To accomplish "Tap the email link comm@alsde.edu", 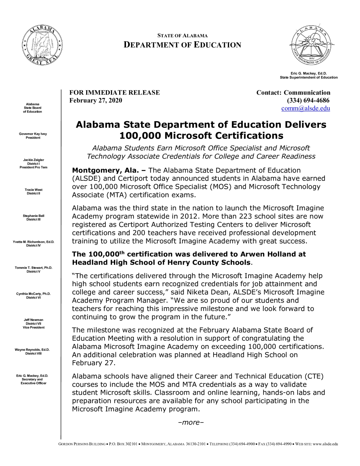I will click(x=305, y=109).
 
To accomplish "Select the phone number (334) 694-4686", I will click(x=308, y=101).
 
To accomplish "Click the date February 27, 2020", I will click(x=96, y=101).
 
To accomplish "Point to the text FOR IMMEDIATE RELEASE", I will click(x=115, y=92).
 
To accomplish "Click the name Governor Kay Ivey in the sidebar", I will click(x=33, y=134).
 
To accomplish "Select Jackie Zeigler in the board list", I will click(x=34, y=160).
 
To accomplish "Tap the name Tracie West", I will click(x=34, y=190).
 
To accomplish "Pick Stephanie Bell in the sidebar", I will click(x=34, y=216).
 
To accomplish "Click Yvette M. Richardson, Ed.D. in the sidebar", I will click(x=34, y=242).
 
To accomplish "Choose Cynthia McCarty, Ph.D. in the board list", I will click(x=34, y=294).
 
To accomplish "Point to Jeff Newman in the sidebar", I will click(x=34, y=320).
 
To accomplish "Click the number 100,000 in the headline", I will click(x=140, y=136).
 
